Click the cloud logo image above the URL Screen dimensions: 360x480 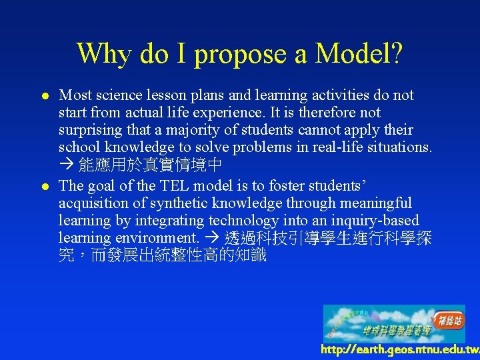coord(394,323)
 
